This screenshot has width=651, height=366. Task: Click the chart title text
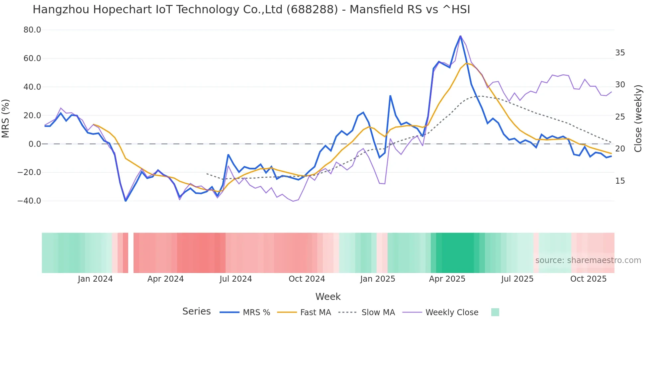pyautogui.click(x=251, y=10)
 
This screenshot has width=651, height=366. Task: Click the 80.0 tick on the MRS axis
pyautogui.click(x=32, y=30)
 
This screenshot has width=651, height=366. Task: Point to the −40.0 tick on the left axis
pyautogui.click(x=29, y=201)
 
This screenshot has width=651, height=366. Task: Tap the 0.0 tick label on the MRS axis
pyautogui.click(x=35, y=144)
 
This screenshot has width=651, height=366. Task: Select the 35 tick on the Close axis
pyautogui.click(x=620, y=53)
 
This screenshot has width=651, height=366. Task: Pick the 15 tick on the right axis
pyautogui.click(x=620, y=181)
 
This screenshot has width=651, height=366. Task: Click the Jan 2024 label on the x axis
pyautogui.click(x=95, y=279)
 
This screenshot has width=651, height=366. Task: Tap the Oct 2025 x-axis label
pyautogui.click(x=588, y=279)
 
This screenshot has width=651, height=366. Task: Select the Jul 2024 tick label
pyautogui.click(x=235, y=279)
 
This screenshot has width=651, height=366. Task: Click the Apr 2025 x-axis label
pyautogui.click(x=447, y=279)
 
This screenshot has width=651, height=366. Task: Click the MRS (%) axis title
pyautogui.click(x=6, y=118)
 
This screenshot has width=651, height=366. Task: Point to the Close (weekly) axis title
pyautogui.click(x=638, y=118)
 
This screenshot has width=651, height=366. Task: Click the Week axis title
pyautogui.click(x=328, y=297)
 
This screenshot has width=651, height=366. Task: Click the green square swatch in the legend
pyautogui.click(x=495, y=312)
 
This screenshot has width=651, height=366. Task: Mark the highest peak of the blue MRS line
pyautogui.click(x=460, y=36)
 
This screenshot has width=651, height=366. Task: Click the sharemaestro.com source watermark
pyautogui.click(x=588, y=260)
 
